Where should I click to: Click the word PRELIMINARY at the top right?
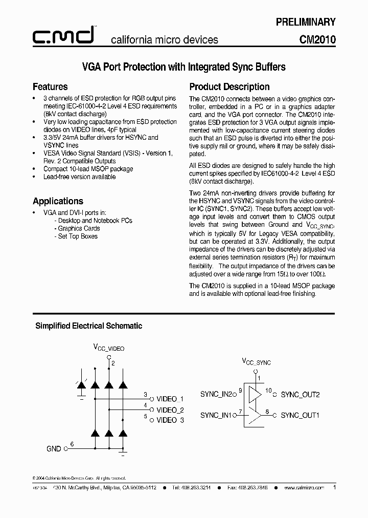tap(306, 22)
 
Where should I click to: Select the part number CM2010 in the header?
tap(317, 39)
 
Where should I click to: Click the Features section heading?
tap(50, 87)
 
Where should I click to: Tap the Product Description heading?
tap(229, 87)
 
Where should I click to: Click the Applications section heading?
tap(58, 201)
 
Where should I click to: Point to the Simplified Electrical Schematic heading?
tap(88, 326)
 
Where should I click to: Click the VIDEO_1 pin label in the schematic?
tap(170, 399)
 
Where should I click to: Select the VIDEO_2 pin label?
tap(170, 409)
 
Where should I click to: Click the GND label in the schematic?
tap(54, 449)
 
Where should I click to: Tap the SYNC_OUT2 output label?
tap(300, 395)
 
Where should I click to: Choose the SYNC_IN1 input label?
tap(216, 415)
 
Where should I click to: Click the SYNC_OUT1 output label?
tap(300, 415)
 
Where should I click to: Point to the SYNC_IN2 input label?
tap(216, 394)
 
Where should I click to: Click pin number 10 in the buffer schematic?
tap(268, 391)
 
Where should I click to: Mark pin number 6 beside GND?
tap(72, 444)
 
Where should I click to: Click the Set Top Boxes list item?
tap(77, 236)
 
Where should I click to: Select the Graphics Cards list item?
tap(78, 228)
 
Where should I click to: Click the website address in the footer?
tap(304, 488)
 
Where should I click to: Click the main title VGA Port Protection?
tap(184, 67)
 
